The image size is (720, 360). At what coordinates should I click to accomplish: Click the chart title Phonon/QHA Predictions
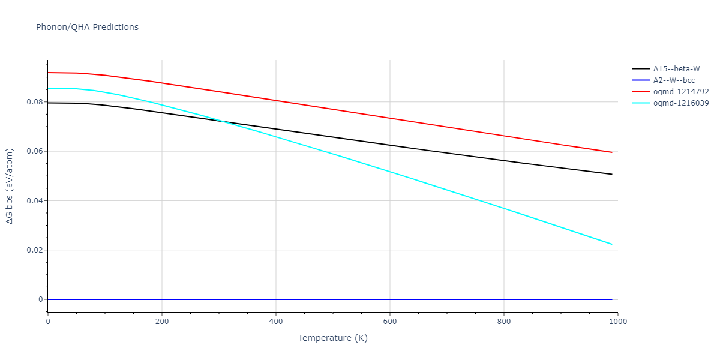click(x=87, y=27)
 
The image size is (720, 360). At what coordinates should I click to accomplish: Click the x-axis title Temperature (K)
click(x=332, y=338)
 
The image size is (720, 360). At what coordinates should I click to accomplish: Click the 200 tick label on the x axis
click(x=162, y=322)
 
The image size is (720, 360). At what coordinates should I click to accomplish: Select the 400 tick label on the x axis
click(x=276, y=322)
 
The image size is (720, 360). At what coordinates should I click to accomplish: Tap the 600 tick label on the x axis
click(x=390, y=322)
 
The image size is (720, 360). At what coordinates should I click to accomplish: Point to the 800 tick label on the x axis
click(x=504, y=322)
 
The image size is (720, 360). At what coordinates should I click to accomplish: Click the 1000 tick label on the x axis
click(x=618, y=322)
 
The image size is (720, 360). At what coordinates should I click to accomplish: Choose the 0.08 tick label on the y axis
click(x=34, y=102)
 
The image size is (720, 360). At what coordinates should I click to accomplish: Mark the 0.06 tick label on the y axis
click(x=34, y=151)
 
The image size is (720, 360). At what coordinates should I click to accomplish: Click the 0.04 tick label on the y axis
click(x=34, y=200)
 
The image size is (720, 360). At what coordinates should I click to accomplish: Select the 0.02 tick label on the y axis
click(x=34, y=250)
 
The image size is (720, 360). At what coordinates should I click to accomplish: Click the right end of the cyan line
click(x=612, y=244)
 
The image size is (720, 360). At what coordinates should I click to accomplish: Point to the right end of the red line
click(x=612, y=152)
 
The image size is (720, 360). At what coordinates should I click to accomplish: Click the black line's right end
click(x=612, y=174)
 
